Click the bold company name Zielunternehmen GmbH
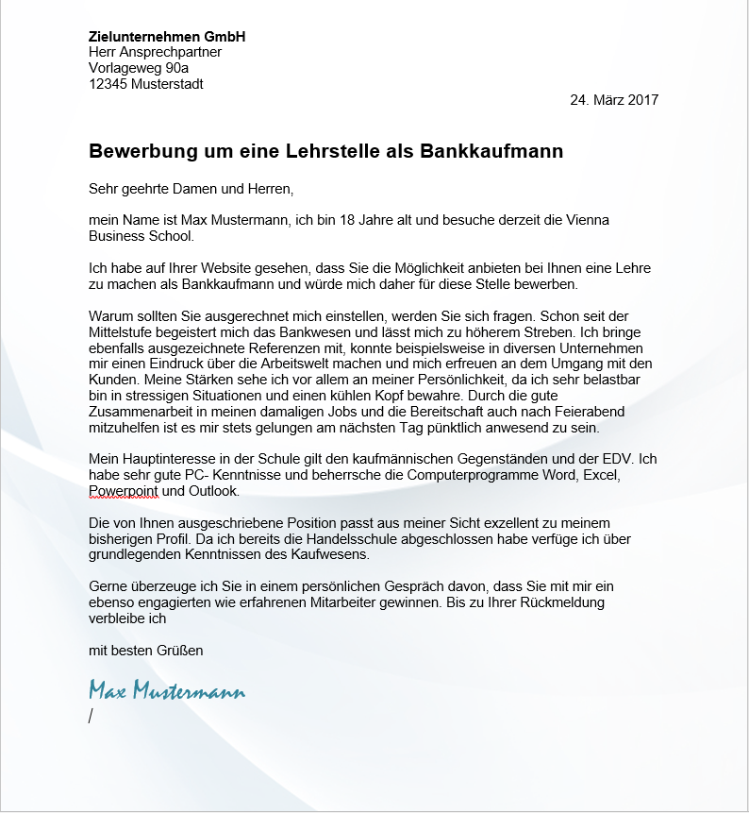coord(166,37)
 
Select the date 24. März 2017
coord(614,100)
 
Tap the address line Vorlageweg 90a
coord(138,68)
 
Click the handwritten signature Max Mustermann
coord(166,690)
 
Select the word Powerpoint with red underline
coord(124,492)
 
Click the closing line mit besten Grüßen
coord(145,650)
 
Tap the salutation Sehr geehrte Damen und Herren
coord(191,189)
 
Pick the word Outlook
coord(213,492)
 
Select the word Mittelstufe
coord(125,331)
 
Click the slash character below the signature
coord(91,716)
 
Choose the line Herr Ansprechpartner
coord(155,53)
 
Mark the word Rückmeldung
coord(560,602)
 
